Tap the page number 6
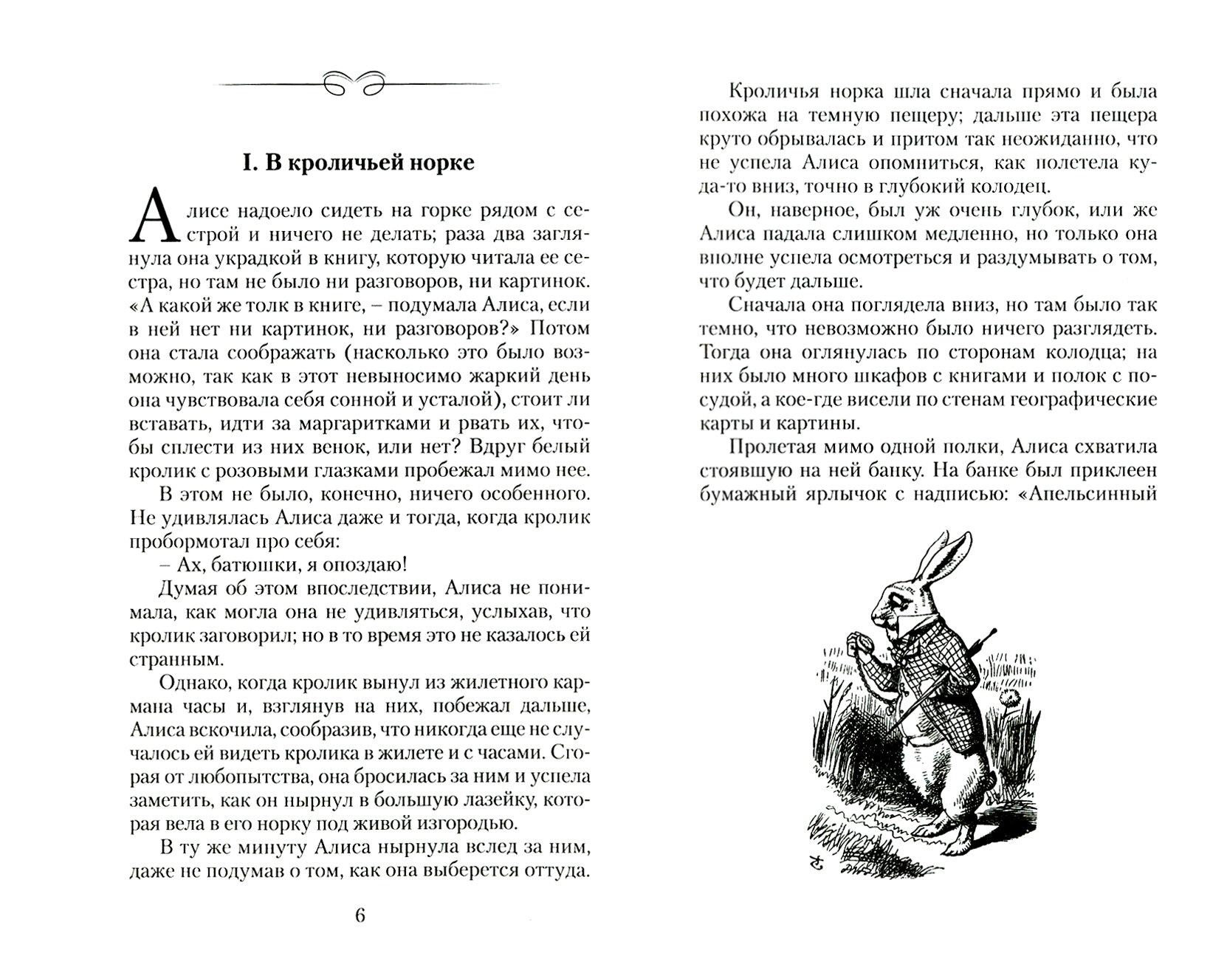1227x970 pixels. click(x=360, y=916)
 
